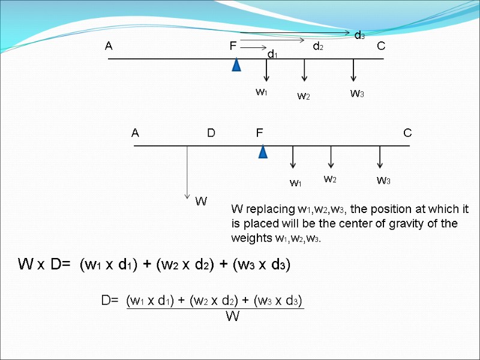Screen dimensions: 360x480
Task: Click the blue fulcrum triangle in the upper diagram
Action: point(237,64)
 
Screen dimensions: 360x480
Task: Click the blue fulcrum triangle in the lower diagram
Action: point(263,151)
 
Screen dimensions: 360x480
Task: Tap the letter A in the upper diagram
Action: point(109,46)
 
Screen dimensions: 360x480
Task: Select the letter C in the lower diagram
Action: point(407,133)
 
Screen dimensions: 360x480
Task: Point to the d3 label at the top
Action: point(359,35)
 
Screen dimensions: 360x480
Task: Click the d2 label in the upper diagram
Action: point(318,46)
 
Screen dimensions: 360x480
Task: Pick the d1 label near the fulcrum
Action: point(272,55)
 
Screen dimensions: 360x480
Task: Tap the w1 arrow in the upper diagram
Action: point(266,70)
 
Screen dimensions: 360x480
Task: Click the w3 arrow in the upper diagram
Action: point(354,70)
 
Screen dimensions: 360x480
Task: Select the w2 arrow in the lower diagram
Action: point(331,157)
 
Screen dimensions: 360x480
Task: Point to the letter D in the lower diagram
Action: point(211,133)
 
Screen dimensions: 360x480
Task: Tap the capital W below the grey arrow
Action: point(201,202)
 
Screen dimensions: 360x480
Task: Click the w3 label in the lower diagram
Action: point(383,180)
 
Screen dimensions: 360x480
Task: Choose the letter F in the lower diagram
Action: point(260,133)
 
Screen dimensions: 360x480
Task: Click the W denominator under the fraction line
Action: point(232,317)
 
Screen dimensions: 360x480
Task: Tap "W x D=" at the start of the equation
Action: point(44,264)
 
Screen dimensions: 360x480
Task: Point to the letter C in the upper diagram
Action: point(381,46)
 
